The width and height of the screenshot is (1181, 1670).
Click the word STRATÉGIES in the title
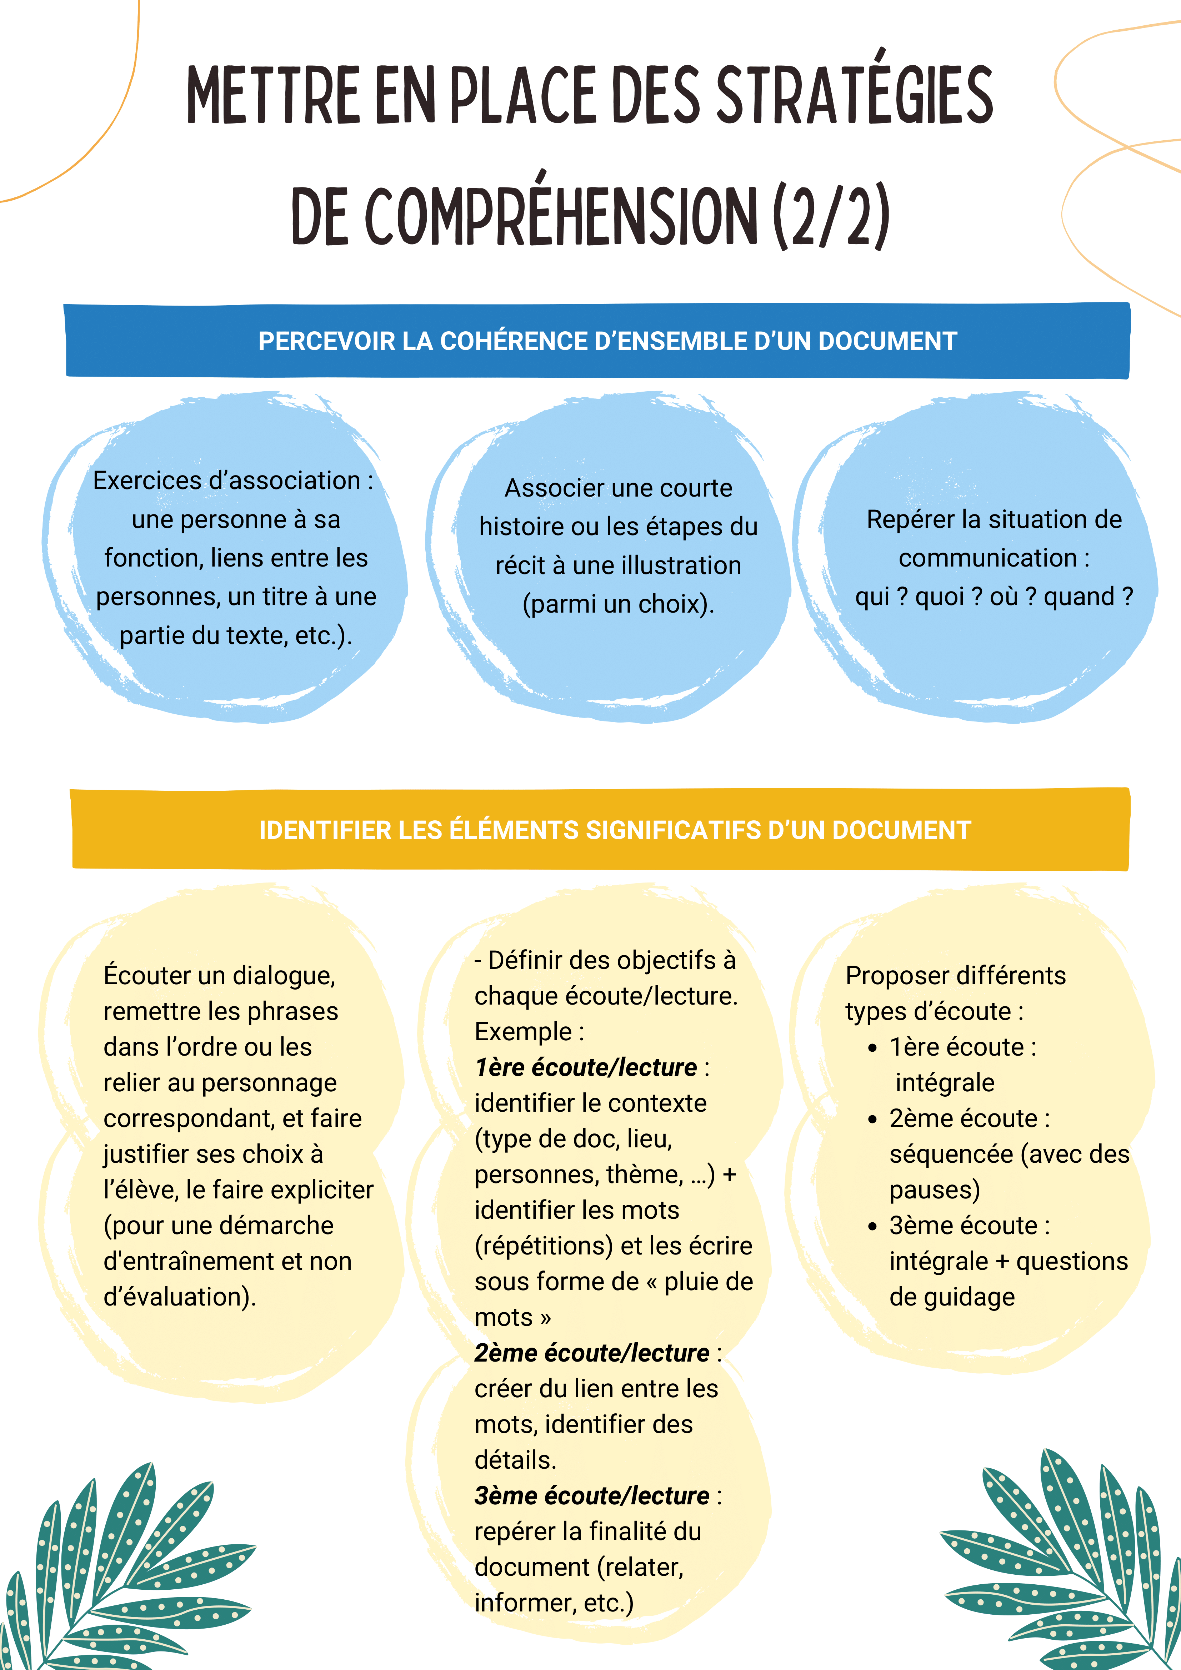pos(855,95)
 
